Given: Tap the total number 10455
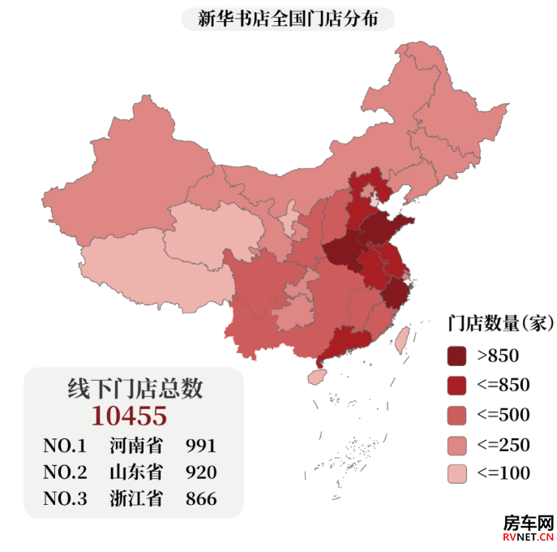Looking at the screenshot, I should (x=129, y=416).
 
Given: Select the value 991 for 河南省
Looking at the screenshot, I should (x=201, y=446).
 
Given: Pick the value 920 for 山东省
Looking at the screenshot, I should (x=201, y=472).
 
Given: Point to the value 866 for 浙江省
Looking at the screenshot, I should (x=201, y=499).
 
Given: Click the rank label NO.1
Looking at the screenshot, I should (x=64, y=446).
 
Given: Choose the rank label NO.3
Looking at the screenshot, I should (x=64, y=499).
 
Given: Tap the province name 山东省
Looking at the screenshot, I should (x=136, y=472).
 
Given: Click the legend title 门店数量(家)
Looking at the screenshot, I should (x=501, y=324).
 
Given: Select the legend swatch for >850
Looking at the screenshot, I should (x=458, y=356).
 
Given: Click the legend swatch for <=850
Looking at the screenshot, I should (x=458, y=386).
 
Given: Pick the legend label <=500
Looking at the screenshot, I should (x=503, y=416).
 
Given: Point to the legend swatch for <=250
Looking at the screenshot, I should (x=458, y=445).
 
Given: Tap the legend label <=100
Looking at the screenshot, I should (x=503, y=474).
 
